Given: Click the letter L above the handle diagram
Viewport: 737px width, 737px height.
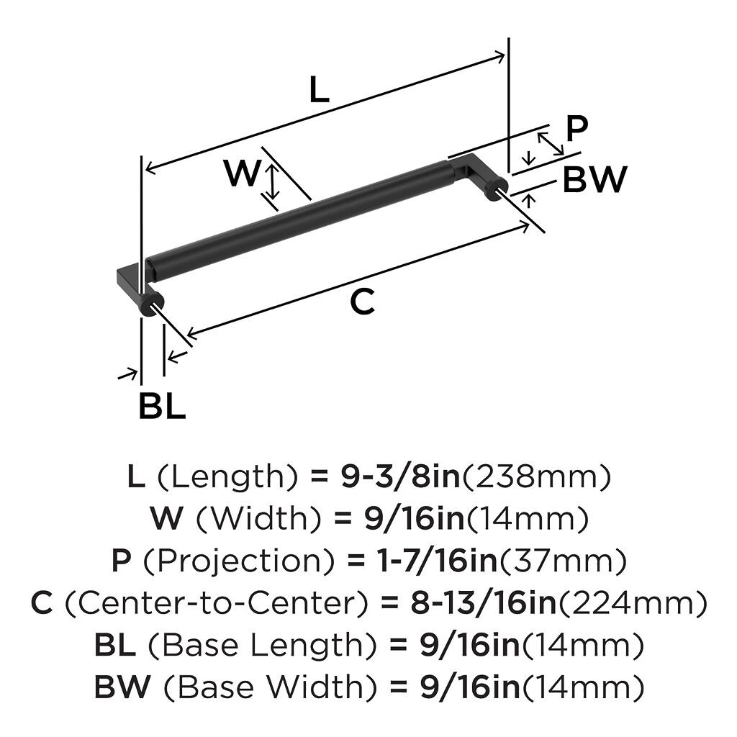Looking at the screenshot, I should point(319,91).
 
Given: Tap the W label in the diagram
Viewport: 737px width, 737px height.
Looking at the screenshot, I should point(241,173).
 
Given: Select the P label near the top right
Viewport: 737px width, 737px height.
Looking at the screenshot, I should point(577,130).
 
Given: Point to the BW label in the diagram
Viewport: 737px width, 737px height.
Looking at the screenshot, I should point(594,180).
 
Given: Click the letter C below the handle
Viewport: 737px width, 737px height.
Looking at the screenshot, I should point(362,302).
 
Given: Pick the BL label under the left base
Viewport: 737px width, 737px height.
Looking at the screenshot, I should point(162,407).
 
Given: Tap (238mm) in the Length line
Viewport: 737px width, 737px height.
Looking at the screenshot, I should point(535,476).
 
